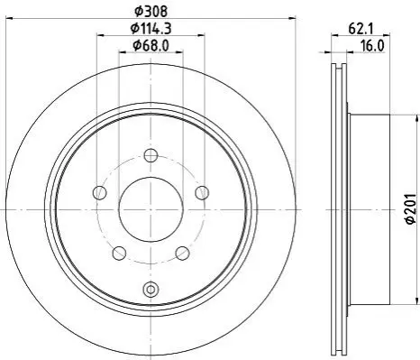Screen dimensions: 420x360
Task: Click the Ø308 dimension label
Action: [x=151, y=12]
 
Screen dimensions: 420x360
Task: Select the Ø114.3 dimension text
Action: [x=151, y=29]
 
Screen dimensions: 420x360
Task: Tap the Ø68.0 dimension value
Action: [x=151, y=46]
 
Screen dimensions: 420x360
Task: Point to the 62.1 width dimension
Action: [x=361, y=29]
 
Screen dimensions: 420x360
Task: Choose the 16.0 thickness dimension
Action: [x=372, y=46]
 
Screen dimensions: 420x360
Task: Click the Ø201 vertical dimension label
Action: [x=410, y=208]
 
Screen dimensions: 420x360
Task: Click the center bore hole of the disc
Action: [x=151, y=209]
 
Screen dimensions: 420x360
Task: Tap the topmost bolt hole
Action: [x=151, y=155]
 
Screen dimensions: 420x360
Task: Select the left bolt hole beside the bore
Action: [x=100, y=192]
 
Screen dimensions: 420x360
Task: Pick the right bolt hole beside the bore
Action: [x=202, y=192]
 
